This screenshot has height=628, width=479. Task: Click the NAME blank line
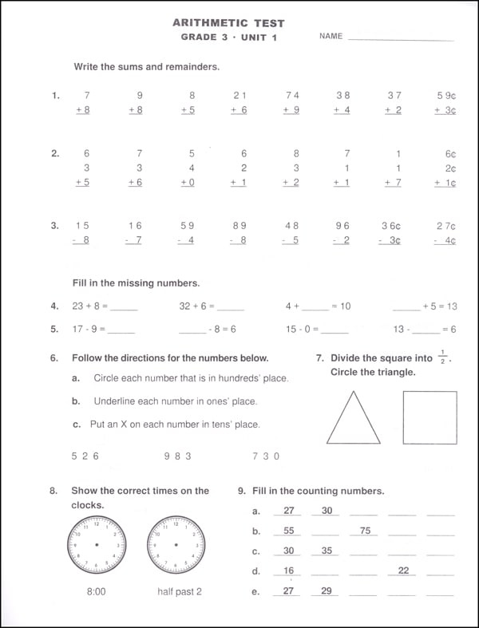tap(401, 38)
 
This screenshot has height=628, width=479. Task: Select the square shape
tap(430, 417)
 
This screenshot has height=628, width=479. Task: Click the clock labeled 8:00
tap(97, 545)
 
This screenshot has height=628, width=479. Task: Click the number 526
tap(85, 456)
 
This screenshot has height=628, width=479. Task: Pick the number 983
tap(178, 456)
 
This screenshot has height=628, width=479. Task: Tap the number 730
tap(266, 456)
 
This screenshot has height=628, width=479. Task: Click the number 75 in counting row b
tap(365, 531)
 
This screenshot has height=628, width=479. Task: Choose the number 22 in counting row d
tap(403, 571)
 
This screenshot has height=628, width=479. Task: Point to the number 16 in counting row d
tap(288, 571)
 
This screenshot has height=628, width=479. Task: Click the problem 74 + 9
tap(292, 103)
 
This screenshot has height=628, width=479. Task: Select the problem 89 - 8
tap(239, 232)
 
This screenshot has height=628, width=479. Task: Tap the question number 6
tap(54, 358)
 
